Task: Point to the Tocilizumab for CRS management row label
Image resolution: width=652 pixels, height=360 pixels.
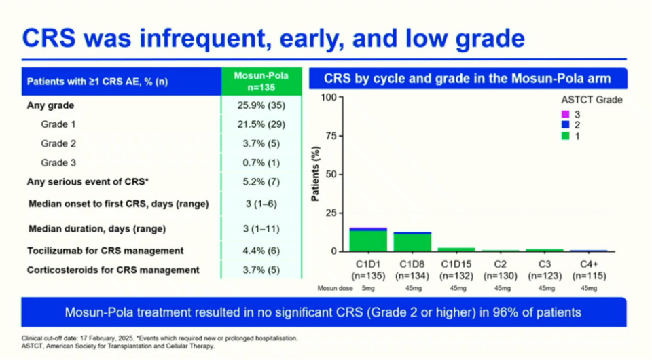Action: pos(105,251)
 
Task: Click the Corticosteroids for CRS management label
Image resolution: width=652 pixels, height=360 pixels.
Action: pos(113,270)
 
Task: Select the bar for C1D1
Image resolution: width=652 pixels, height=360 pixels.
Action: pos(368,240)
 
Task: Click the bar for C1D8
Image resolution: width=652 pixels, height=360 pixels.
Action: pos(412,242)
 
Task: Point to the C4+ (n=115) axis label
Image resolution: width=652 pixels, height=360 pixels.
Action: pos(589,270)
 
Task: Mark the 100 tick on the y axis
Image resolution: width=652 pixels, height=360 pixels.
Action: pos(328,97)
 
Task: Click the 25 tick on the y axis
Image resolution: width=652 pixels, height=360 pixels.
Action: pos(330,213)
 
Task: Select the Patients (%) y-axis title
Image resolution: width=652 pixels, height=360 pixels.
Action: pos(315,174)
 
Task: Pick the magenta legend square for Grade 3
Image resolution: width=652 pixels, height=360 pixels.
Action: pos(564,114)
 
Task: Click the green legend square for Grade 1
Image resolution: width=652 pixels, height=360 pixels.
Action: pos(564,137)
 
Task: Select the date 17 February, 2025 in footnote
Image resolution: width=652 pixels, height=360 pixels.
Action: pos(105,338)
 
